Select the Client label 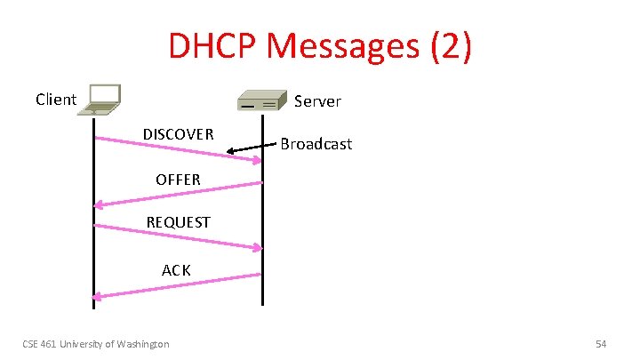56,99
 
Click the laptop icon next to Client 100,100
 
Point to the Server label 317,101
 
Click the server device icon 262,101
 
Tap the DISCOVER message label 178,134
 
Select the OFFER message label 178,180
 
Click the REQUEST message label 178,222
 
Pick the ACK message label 176,269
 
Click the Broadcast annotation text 316,143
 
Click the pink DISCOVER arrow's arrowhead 257,160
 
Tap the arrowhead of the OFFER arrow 99,205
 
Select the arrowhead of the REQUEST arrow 257,248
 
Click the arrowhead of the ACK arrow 99,296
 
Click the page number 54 601,344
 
